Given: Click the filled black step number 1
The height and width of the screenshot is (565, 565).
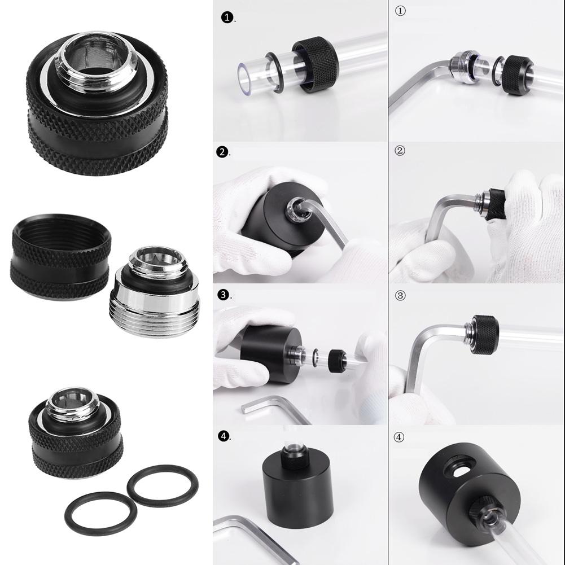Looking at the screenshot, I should coord(227,18).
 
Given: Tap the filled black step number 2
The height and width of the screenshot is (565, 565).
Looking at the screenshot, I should coord(224,152).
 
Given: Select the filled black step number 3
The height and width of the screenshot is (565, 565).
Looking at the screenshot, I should coord(224,295).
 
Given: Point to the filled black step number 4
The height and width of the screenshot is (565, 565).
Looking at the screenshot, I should coord(224,436).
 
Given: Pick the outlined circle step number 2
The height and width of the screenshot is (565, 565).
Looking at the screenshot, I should coord(400,151).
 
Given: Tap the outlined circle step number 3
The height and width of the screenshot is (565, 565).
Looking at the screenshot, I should coord(400,295).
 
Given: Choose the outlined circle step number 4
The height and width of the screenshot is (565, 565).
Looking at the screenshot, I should coord(400,436).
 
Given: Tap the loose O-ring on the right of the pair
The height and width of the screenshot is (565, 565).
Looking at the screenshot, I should coord(162,484).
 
